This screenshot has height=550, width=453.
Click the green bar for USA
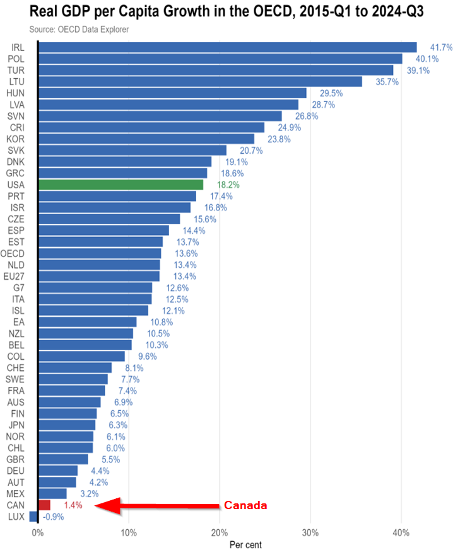click(x=121, y=185)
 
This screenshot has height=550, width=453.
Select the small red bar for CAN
click(x=44, y=505)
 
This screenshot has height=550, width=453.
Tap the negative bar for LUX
click(x=34, y=517)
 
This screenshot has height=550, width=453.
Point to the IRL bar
click(x=227, y=47)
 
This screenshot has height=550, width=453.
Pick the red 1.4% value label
click(x=73, y=505)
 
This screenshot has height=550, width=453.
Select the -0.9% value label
click(x=53, y=517)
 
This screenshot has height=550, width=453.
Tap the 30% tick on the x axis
click(x=310, y=532)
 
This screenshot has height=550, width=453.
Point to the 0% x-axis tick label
click(x=38, y=532)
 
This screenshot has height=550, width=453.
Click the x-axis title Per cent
click(x=245, y=544)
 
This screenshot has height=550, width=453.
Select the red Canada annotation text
click(x=245, y=505)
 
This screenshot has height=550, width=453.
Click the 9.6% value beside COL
click(x=147, y=356)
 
